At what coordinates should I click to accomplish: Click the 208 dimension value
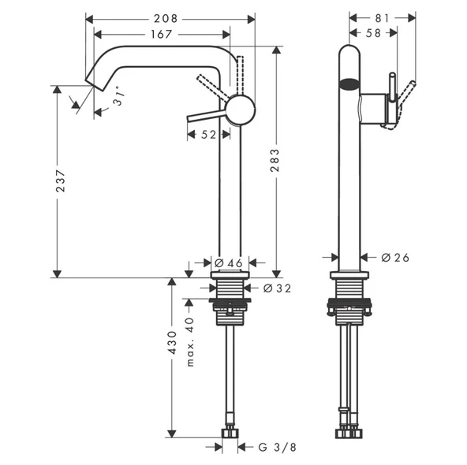tap(164, 17)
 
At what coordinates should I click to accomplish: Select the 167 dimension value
tap(164, 34)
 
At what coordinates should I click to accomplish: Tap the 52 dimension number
tap(207, 135)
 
